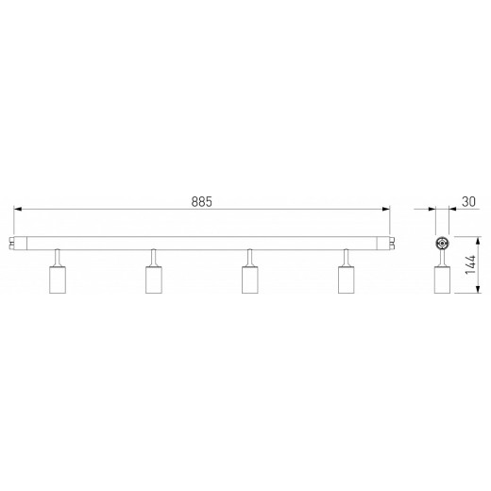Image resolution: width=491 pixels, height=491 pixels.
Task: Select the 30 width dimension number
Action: pyautogui.click(x=466, y=201)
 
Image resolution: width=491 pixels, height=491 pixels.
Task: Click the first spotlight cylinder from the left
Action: pyautogui.click(x=56, y=279)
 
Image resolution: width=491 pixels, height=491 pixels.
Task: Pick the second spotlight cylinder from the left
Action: pyautogui.click(x=153, y=279)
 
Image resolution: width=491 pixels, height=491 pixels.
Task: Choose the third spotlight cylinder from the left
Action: pyautogui.click(x=250, y=279)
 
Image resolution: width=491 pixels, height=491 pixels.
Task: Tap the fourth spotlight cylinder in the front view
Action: pyautogui.click(x=347, y=279)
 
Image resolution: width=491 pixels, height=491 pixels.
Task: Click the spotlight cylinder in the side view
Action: pyautogui.click(x=440, y=279)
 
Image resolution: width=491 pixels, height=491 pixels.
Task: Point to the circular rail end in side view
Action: pyautogui.click(x=440, y=242)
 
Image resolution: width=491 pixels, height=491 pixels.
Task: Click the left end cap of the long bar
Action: pyautogui.click(x=21, y=242)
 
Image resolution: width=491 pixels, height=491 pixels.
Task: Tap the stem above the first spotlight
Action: pyautogui.click(x=57, y=257)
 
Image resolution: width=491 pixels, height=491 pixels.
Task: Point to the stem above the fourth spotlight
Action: pyautogui.click(x=347, y=257)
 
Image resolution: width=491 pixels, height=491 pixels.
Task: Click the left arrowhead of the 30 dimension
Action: pyautogui.click(x=431, y=211)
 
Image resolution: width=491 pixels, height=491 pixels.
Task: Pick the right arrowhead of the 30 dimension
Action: pyautogui.click(x=450, y=211)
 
